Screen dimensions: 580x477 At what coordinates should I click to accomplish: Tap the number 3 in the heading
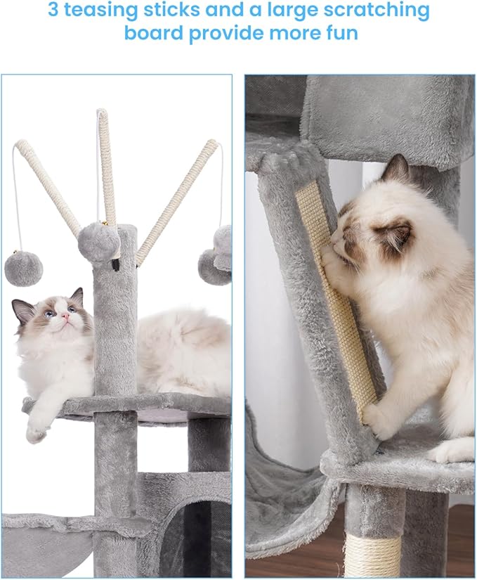(x=55, y=11)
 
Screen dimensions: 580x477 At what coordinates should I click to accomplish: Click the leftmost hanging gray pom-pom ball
(x=23, y=269)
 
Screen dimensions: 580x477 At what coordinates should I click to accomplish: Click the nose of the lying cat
(x=65, y=320)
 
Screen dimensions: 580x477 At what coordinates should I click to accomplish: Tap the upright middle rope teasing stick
(x=107, y=169)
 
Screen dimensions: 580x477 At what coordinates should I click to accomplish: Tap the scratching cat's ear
(x=398, y=170)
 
